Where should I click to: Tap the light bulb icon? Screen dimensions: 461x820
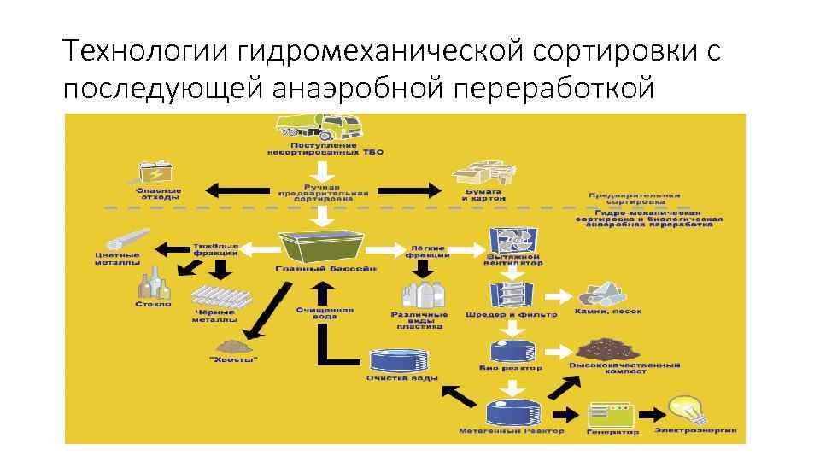click(x=689, y=409)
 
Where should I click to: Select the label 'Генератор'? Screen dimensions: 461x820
click(x=612, y=431)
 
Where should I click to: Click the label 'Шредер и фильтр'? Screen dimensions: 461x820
click(x=511, y=314)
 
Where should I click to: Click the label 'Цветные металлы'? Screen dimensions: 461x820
click(x=117, y=258)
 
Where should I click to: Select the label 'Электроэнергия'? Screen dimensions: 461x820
click(x=694, y=430)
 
